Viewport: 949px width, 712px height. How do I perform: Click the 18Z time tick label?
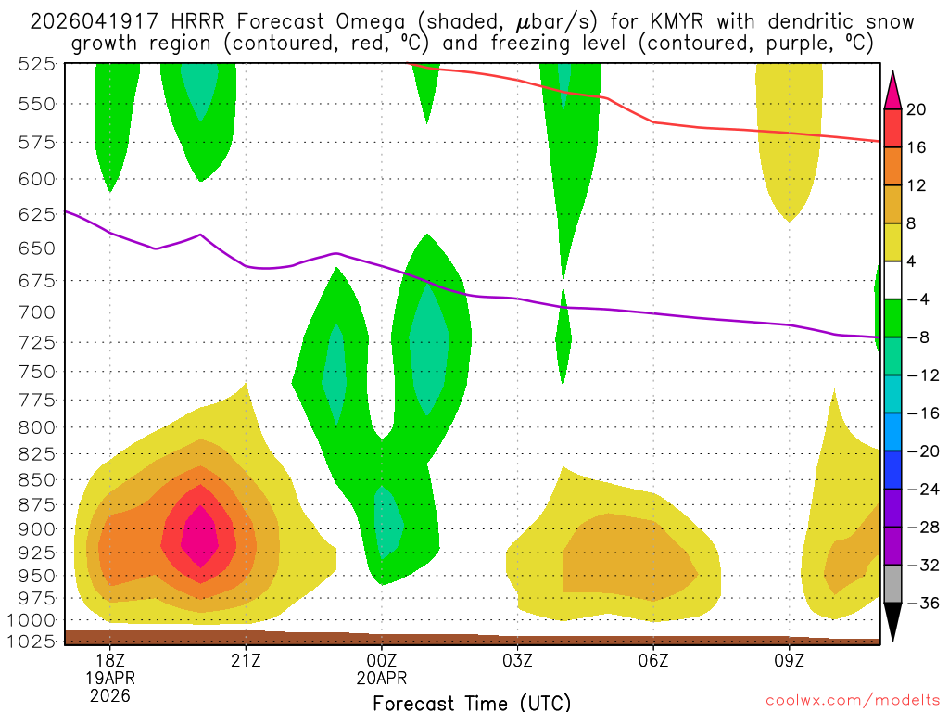[x=109, y=660]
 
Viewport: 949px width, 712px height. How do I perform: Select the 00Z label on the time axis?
[x=382, y=660]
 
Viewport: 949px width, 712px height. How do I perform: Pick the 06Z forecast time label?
[x=653, y=660]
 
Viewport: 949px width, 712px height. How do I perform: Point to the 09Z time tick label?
[x=790, y=660]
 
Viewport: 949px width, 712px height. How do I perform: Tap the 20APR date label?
[x=382, y=678]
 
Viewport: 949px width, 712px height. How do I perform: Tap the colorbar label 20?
[x=917, y=109]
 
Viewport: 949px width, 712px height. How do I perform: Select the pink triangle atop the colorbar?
[x=893, y=89]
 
